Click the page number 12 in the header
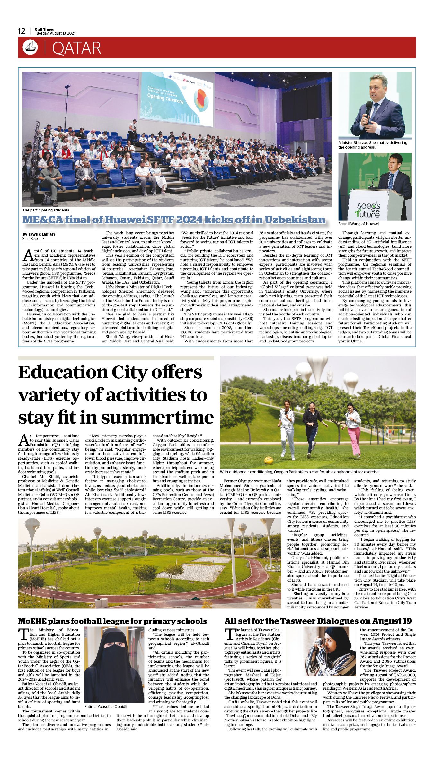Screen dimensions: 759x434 click(22, 31)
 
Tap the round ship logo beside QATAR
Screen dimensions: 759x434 click(30, 47)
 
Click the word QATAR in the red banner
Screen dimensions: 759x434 click(76, 48)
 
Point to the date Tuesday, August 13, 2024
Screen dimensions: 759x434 click(55, 33)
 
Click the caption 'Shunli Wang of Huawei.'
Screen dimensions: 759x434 click(359, 224)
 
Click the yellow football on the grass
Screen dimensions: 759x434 click(269, 460)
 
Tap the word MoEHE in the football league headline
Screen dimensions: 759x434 click(32, 621)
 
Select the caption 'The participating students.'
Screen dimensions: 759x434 click(46, 210)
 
